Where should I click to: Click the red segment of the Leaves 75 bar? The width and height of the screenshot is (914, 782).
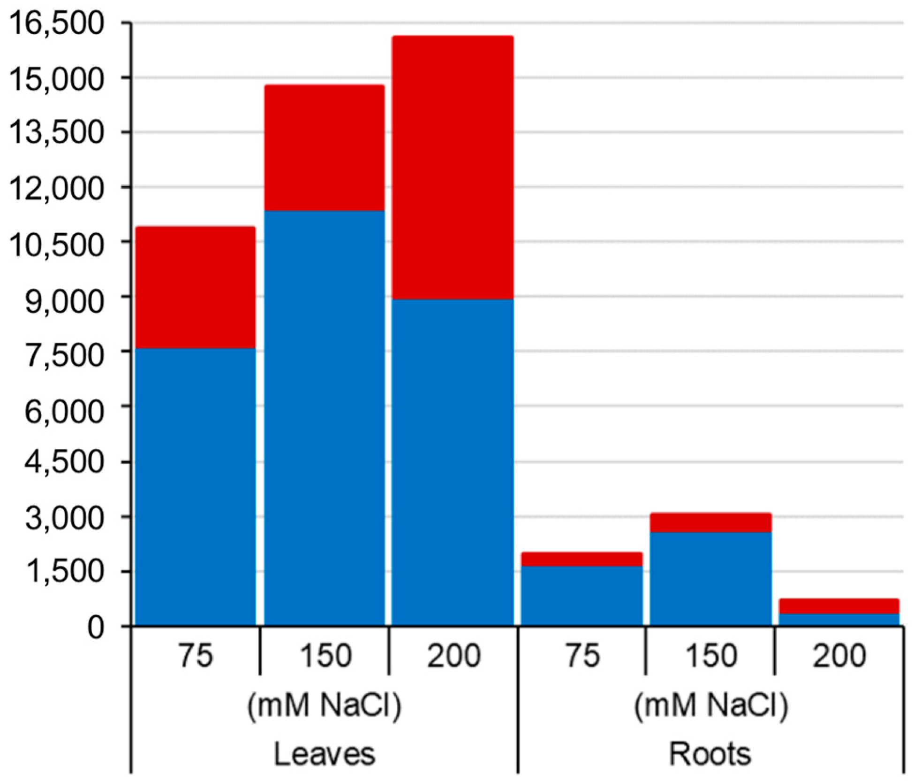click(x=195, y=287)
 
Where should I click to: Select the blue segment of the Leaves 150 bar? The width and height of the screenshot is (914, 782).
click(x=324, y=418)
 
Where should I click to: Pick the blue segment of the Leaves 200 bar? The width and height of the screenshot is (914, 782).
click(x=453, y=462)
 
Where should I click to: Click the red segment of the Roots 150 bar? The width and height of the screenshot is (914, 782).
click(x=710, y=522)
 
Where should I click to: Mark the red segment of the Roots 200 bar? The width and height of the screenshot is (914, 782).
click(x=839, y=606)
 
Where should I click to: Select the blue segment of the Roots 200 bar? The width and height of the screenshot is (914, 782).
click(x=839, y=620)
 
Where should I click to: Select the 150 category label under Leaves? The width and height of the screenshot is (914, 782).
click(x=325, y=655)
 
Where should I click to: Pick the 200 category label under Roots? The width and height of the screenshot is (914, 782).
click(x=839, y=655)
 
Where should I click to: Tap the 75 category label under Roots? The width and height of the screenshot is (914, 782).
click(x=582, y=655)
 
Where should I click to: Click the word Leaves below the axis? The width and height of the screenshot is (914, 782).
click(x=325, y=754)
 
